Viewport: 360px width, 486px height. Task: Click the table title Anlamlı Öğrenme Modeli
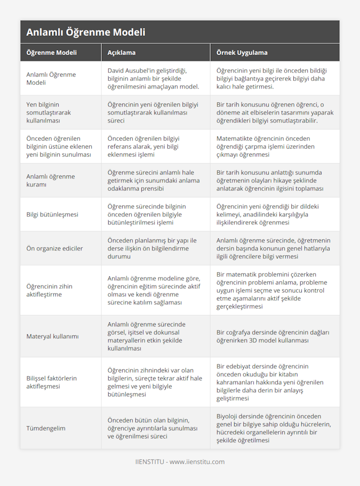(x=85, y=32)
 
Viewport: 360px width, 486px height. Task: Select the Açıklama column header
(x=122, y=53)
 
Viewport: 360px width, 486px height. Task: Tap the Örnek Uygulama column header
(x=242, y=53)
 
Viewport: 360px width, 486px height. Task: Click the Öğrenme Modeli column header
(x=51, y=53)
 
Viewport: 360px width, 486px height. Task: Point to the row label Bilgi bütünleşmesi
(x=52, y=215)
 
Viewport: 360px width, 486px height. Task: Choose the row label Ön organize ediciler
(x=54, y=248)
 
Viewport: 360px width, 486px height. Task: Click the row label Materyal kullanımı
(x=52, y=336)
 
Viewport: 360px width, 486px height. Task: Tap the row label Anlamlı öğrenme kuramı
(x=51, y=181)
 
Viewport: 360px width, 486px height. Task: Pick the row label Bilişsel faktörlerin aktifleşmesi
(x=52, y=382)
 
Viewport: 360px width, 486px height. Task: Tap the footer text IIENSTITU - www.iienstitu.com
(x=180, y=462)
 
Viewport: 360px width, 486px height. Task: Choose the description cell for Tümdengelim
(x=153, y=428)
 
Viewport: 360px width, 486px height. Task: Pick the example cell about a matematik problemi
(x=272, y=290)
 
